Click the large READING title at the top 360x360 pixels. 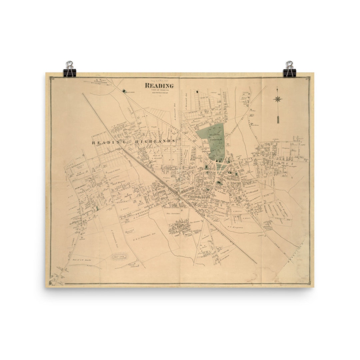pos(159,86)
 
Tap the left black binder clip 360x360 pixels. pos(70,69)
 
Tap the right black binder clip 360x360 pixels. pos(289,69)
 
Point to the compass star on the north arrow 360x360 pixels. pos(277,99)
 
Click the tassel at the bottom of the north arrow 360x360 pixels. pos(277,119)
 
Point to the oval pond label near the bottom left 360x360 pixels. pos(119,257)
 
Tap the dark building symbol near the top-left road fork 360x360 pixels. pos(124,91)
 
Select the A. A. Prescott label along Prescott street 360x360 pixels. pos(135,217)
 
